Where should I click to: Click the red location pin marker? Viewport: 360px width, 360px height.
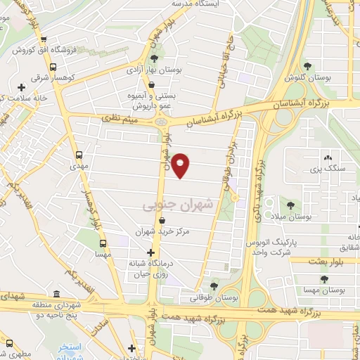point(181,165)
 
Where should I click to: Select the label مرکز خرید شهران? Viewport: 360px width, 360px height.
point(163,231)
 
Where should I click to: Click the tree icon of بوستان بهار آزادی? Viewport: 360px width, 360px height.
point(153,59)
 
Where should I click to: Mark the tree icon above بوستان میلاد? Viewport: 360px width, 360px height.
point(290,205)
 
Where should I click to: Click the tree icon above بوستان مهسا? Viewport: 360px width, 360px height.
point(324,278)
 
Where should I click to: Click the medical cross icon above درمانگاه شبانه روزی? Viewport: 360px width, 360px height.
point(150,253)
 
